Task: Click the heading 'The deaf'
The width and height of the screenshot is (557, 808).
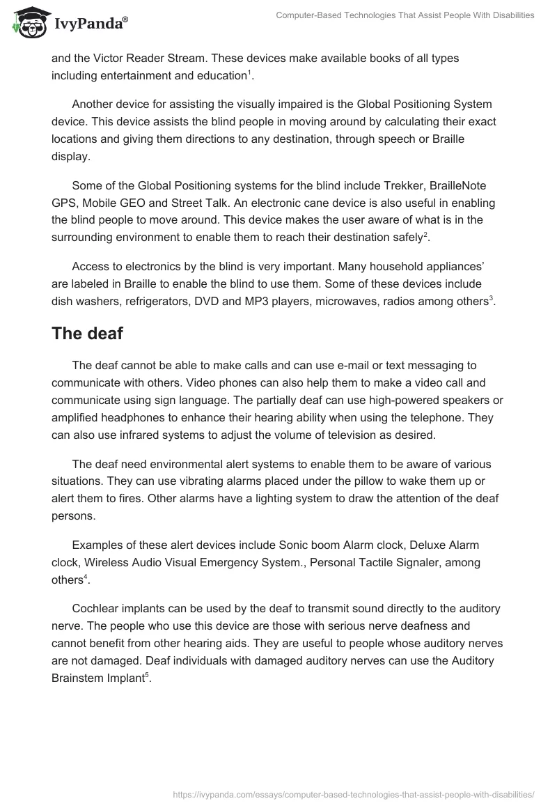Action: pyautogui.click(x=87, y=334)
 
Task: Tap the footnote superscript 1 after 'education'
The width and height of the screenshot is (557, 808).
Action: pyautogui.click(x=250, y=72)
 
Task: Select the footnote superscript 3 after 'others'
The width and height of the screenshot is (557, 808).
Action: pyautogui.click(x=491, y=298)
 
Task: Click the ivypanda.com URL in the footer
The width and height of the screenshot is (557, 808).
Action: pyautogui.click(x=352, y=793)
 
